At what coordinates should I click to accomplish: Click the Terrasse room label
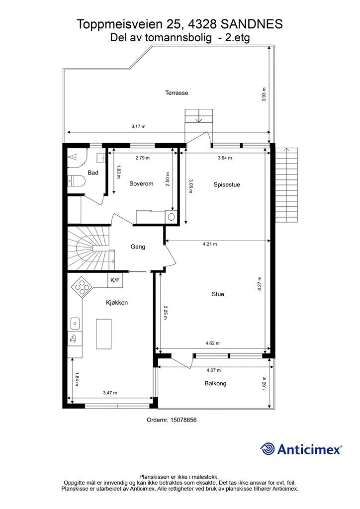click(x=177, y=93)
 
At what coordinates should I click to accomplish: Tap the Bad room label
click(x=93, y=172)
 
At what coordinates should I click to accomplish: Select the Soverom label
click(x=141, y=184)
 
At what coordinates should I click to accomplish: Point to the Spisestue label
click(x=227, y=185)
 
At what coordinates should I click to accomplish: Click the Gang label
click(x=138, y=247)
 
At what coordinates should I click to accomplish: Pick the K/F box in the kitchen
click(x=115, y=280)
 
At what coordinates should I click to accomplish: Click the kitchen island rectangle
click(x=103, y=334)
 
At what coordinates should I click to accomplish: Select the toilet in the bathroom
click(x=76, y=180)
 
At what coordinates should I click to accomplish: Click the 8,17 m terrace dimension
click(x=138, y=126)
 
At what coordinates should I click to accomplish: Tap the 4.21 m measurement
click(x=210, y=244)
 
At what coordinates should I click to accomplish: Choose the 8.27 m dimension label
click(x=260, y=284)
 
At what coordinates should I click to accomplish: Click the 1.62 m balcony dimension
click(x=264, y=383)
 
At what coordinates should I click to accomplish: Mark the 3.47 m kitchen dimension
click(x=110, y=393)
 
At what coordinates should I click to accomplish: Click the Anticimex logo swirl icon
click(x=267, y=449)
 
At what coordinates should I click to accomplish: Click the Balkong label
click(x=215, y=383)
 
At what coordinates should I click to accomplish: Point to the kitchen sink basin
click(x=75, y=323)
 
